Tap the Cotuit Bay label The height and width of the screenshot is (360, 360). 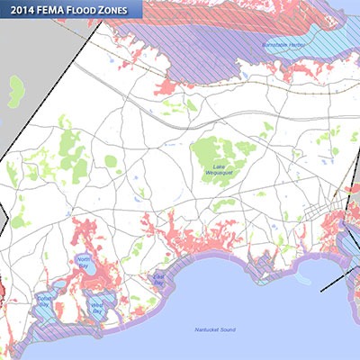(x=43, y=301)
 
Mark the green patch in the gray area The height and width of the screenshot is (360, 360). (x=16, y=87)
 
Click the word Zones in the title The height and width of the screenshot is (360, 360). (x=123, y=10)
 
